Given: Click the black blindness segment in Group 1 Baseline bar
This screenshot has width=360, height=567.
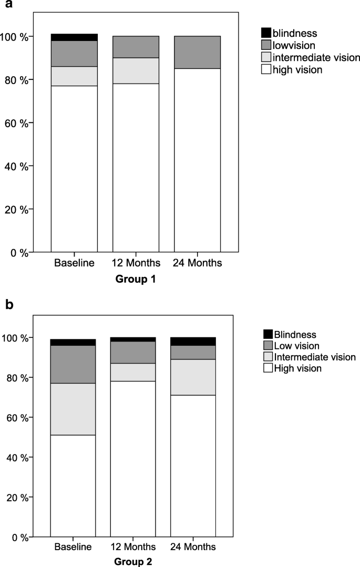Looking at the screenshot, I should (x=74, y=37).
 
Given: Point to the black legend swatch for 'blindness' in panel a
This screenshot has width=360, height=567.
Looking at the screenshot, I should (x=266, y=33).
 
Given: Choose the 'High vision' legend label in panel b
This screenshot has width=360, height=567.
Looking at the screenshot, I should (x=297, y=368).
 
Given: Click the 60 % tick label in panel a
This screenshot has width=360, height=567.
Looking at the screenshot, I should (x=16, y=123).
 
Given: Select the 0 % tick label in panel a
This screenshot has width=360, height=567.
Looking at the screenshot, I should (x=18, y=252).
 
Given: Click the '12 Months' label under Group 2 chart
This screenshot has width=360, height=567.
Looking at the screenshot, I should (x=132, y=548).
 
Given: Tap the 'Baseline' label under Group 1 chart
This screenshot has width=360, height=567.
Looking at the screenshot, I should (x=74, y=263).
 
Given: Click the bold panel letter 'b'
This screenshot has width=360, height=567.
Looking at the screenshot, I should (x=9, y=304).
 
